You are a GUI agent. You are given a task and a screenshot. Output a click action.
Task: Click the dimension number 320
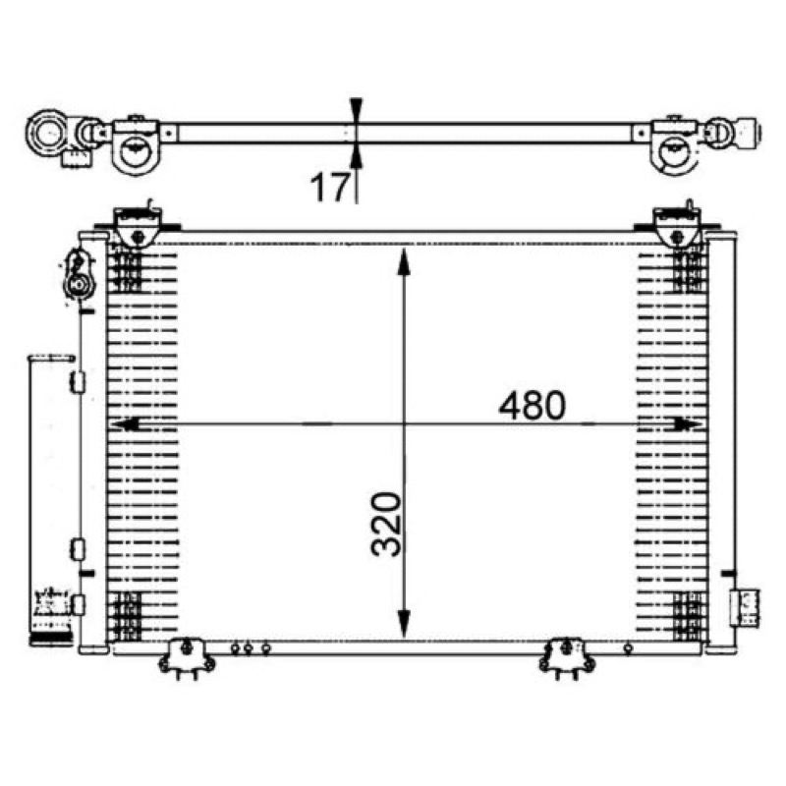pos(386,525)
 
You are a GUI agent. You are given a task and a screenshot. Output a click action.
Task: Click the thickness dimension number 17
pos(329,187)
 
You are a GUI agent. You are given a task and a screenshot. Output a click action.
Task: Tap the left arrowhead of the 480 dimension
pos(125,424)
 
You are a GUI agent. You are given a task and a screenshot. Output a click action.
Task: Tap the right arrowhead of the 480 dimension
pos(689,424)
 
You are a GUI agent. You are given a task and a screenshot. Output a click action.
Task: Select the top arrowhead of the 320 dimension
pos(404,261)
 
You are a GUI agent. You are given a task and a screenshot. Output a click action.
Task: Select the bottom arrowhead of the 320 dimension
pos(404,624)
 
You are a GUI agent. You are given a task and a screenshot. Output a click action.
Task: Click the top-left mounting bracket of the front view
pos(138,227)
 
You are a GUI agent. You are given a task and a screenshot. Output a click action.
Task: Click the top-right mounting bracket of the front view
pos(677,227)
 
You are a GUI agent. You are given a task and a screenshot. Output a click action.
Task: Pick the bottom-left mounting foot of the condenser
pos(187,658)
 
